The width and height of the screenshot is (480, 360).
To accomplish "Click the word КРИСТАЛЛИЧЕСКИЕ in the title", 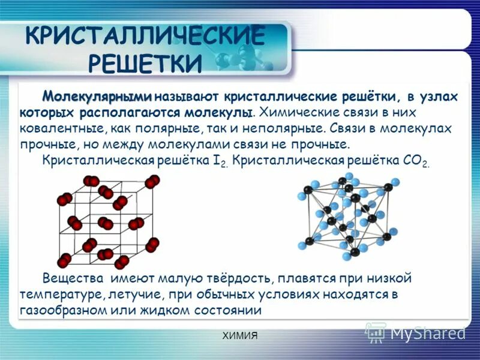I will (145, 36).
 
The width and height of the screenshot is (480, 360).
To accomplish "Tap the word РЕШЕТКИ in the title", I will (145, 62).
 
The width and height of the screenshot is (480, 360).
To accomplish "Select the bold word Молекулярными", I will (97, 97).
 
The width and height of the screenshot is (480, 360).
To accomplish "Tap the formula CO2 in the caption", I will (415, 161).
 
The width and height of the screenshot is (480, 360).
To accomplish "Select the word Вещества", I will (69, 278).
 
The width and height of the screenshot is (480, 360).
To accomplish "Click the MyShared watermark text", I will (428, 332).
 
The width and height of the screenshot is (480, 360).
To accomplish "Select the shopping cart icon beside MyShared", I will (376, 332).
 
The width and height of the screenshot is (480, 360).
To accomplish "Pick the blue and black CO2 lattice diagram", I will (348, 216).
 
